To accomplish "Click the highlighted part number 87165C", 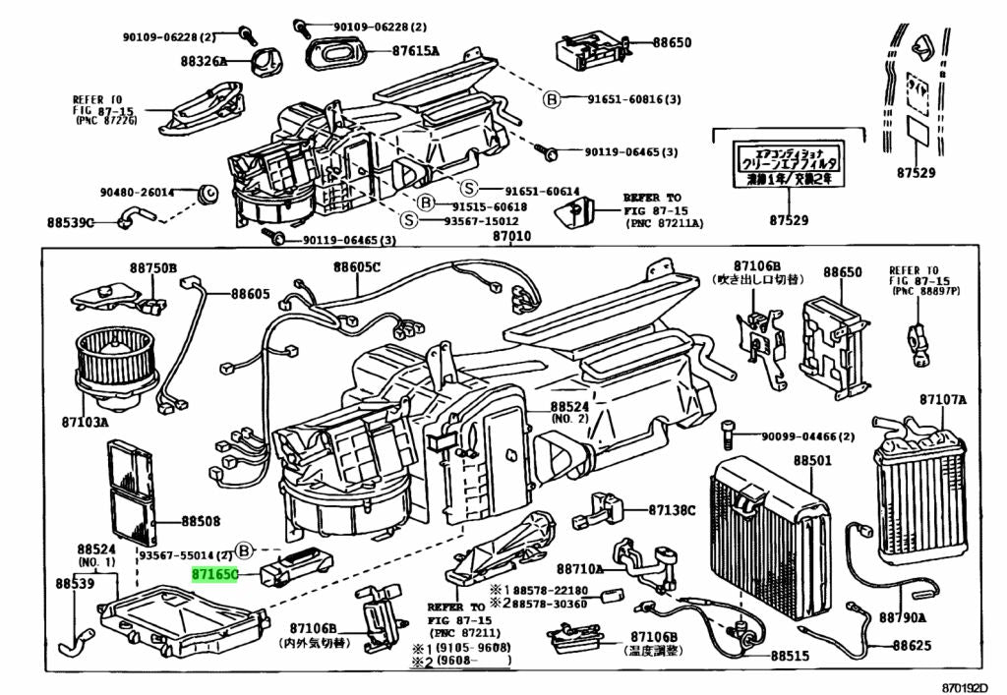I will point(214,571).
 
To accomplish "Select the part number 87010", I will point(511,236).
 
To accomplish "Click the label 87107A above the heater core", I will point(943,400).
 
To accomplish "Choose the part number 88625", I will point(912,646).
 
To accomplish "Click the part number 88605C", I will point(356,267).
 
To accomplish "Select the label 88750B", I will point(151,267).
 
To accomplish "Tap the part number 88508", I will point(200,522).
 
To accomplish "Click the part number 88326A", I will point(204,61).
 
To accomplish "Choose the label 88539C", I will point(70,222).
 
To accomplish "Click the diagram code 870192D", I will point(962,686).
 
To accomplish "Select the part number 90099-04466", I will point(805,436).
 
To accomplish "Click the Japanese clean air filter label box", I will point(789,163).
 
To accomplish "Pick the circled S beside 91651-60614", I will point(469,190).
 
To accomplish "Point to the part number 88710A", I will point(579,569).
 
